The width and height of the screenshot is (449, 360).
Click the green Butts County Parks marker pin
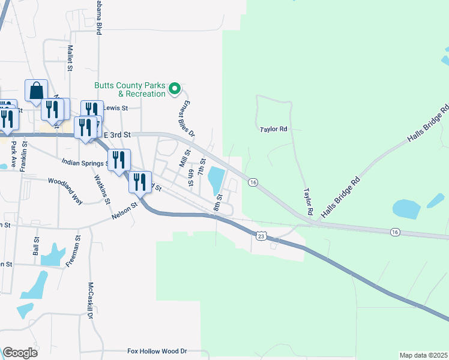pyautogui.click(x=175, y=89)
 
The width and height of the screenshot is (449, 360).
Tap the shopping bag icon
pyautogui.click(x=36, y=91)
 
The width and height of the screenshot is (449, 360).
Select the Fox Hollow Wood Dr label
pyautogui.click(x=157, y=351)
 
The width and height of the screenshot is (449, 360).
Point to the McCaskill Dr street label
pyautogui.click(x=91, y=299)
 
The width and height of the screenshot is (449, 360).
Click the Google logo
pyautogui.click(x=20, y=353)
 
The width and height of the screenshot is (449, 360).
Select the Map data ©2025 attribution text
pyautogui.click(x=423, y=355)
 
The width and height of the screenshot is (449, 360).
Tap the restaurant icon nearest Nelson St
pyautogui.click(x=140, y=182)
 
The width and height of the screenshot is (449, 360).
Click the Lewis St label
pyautogui.click(x=116, y=109)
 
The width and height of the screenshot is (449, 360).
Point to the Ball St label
pyautogui.click(x=36, y=246)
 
